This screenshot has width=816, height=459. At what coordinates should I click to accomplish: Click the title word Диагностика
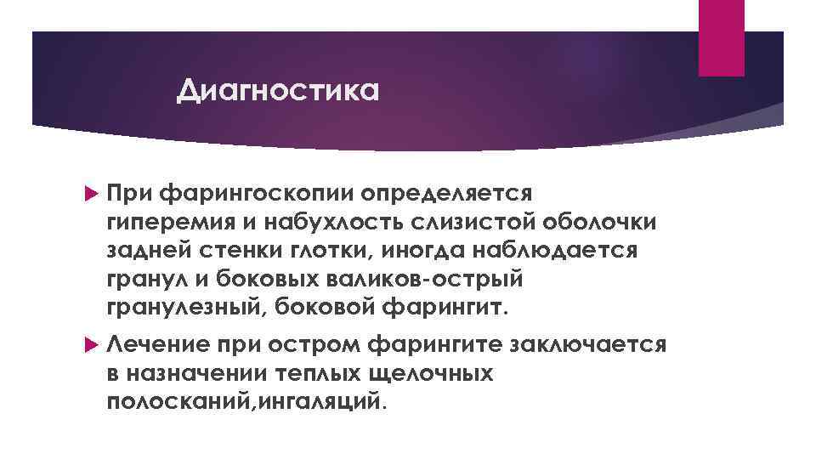276,89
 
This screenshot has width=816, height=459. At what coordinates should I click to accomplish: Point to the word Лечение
158,346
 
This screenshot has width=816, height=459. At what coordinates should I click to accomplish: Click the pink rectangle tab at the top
721,37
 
